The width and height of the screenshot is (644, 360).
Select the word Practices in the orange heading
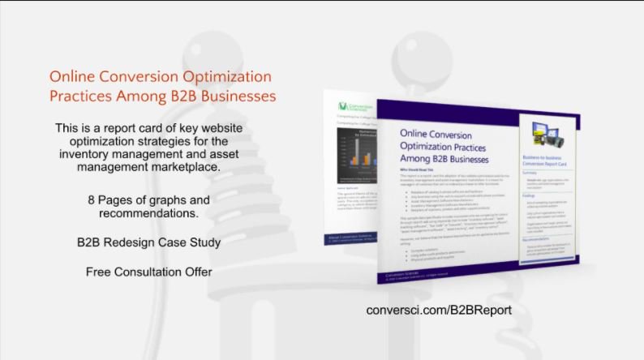coord(82,96)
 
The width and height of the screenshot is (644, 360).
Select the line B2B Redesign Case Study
coord(148,242)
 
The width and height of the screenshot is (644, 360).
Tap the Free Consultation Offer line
coord(148,272)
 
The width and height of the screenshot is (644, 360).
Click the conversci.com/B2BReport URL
coord(439,310)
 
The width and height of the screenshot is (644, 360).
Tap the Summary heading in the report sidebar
coord(532,173)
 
